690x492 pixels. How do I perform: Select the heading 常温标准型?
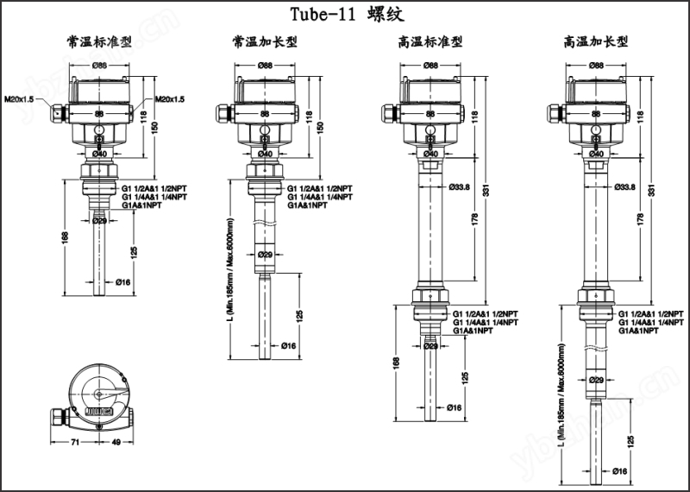click(x=99, y=41)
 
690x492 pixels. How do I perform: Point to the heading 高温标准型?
click(x=430, y=41)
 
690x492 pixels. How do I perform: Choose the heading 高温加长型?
click(x=596, y=41)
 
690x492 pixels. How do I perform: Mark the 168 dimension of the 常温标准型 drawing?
click(x=66, y=237)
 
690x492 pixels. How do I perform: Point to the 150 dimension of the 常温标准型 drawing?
click(x=155, y=127)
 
